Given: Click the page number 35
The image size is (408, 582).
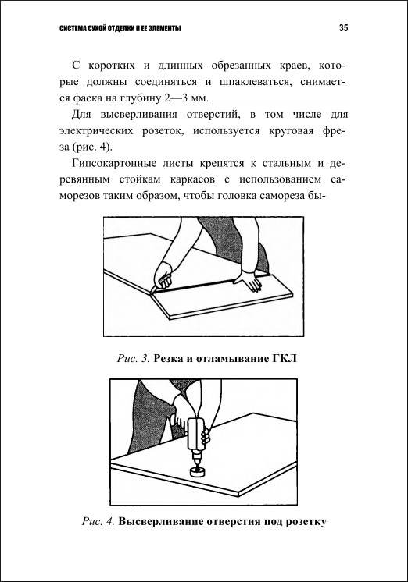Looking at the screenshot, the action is click(343, 28).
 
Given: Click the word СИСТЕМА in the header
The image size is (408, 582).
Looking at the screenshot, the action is click(70, 29).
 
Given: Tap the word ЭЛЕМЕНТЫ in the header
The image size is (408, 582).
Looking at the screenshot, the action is click(165, 29).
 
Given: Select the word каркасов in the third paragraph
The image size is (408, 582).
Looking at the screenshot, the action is click(192, 180).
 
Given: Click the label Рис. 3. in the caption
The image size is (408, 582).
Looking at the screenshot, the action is click(134, 359).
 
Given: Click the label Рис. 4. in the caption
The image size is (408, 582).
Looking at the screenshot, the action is click(98, 521).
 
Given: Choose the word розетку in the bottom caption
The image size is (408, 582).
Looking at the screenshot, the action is click(306, 522).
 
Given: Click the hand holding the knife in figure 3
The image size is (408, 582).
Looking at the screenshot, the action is click(163, 275).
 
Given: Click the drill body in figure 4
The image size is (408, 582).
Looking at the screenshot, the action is click(195, 434).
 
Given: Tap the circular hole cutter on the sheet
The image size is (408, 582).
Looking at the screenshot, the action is click(196, 471).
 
